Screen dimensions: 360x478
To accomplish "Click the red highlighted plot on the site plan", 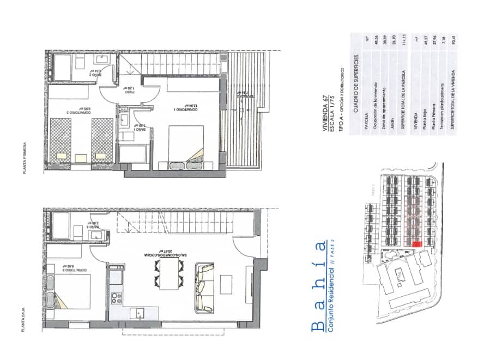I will click(418, 245).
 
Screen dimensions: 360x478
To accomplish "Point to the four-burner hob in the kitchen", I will click(116, 297).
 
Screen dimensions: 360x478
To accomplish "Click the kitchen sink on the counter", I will click(140, 313).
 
